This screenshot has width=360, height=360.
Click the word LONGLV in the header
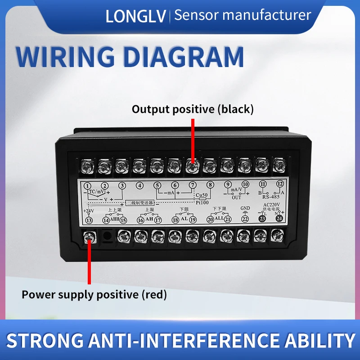point(135,16)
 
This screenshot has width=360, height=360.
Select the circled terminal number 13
point(89,220)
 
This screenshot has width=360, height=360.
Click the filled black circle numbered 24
point(280,219)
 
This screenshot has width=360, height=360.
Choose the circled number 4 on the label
point(140,185)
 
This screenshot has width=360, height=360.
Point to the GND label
point(245,208)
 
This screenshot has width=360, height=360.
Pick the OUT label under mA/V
point(237,197)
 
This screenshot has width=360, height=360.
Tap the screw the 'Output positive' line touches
point(192,167)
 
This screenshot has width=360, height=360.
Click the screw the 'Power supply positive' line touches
point(89,235)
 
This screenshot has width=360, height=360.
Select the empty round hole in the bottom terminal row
point(106,234)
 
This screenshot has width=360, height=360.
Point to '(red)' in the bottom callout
point(154,295)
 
